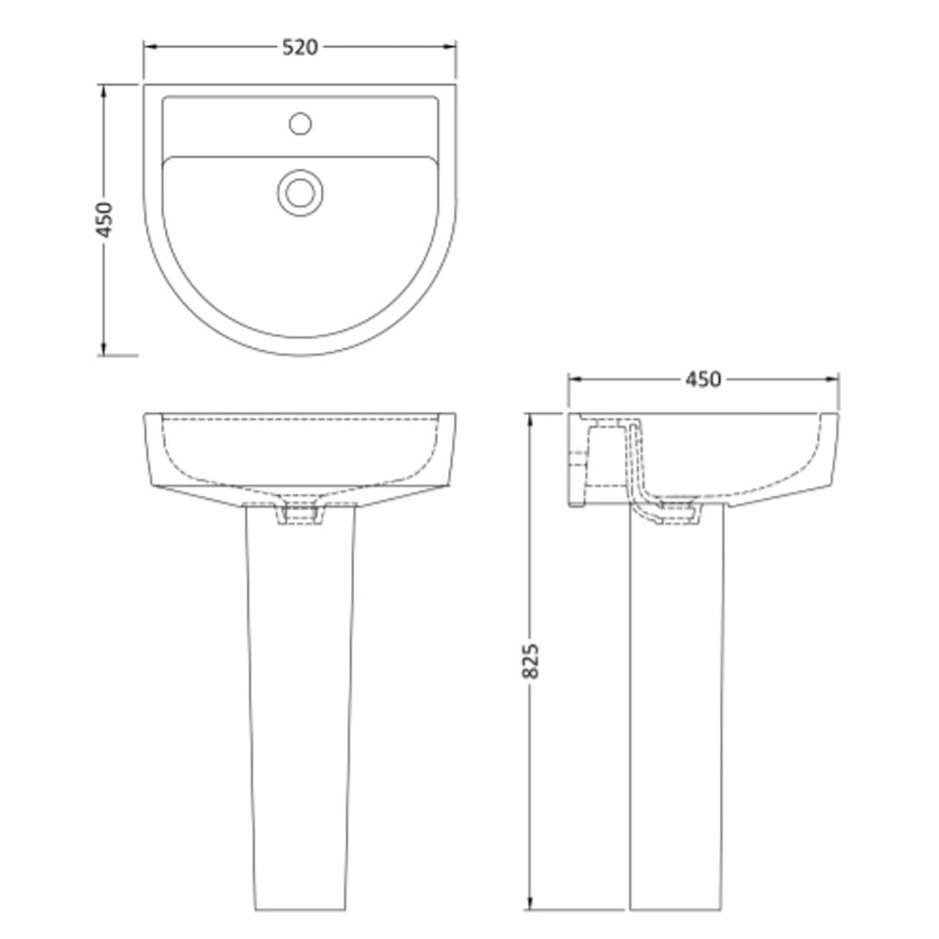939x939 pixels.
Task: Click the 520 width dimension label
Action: [300, 47]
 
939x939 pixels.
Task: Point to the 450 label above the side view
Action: [702, 379]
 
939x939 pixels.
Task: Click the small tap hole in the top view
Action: [300, 122]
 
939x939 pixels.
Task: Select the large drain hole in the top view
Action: [300, 192]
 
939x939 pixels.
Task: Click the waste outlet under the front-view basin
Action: [300, 514]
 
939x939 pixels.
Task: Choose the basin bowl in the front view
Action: [300, 455]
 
